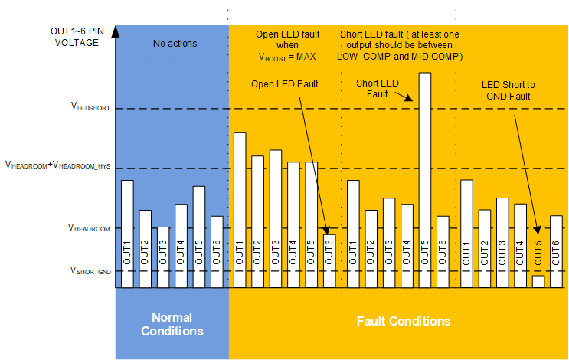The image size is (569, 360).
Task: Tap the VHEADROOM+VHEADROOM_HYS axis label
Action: pos(58,165)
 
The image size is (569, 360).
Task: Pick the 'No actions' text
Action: pos(175,44)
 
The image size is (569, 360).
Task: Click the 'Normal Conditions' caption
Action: pos(172,324)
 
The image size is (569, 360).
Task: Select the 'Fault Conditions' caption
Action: pos(404,320)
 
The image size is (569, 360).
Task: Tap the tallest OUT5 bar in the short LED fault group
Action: pos(425,180)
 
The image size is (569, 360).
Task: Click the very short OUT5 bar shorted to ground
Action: pos(538,281)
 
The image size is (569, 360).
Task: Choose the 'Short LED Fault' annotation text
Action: pos(378,88)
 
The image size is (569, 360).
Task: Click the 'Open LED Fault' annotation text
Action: pos(285,83)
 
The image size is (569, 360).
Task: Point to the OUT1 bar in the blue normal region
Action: pos(127,234)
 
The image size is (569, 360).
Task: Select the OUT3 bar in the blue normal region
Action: pos(163,257)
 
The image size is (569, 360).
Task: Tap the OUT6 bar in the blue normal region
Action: pos(217,252)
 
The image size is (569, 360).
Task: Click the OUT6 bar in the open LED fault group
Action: pos(329,260)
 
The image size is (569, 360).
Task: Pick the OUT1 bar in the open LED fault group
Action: pos(240,210)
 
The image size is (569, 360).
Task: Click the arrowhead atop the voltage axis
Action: pos(116,31)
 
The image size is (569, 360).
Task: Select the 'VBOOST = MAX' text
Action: pos(286,57)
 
